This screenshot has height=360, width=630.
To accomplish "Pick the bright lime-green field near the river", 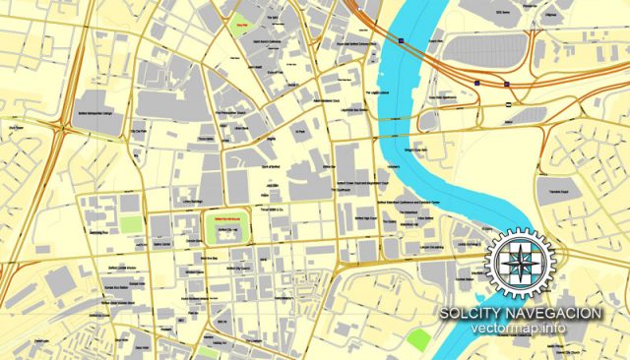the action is coord(418,340).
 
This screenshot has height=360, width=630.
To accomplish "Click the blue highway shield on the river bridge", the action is coord(402,39).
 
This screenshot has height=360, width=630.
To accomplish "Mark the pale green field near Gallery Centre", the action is coord(130,223).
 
